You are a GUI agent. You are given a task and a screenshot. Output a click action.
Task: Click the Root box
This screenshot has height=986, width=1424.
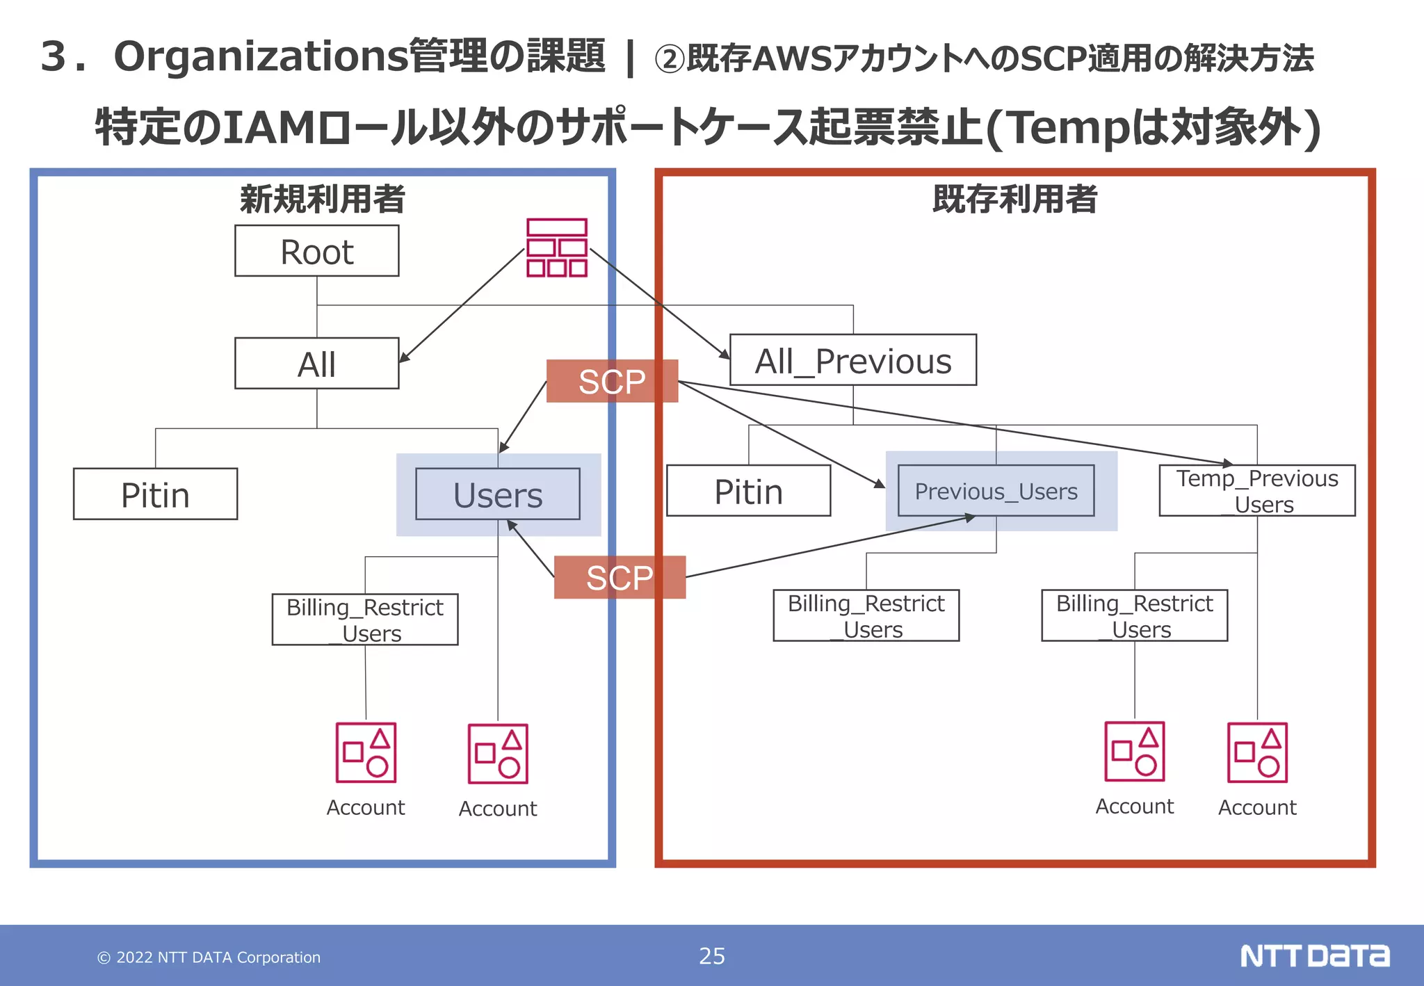click(x=316, y=251)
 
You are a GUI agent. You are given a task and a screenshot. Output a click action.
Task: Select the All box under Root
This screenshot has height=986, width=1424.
click(x=316, y=364)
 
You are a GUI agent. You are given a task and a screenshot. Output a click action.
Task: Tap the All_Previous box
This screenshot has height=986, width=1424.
click(x=852, y=360)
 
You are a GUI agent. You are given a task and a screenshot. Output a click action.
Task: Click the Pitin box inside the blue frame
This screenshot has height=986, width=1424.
click(x=155, y=494)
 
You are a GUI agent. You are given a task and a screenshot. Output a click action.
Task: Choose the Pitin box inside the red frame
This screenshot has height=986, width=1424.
click(x=748, y=491)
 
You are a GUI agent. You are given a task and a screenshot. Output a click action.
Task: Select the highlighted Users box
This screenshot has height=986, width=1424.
click(x=497, y=494)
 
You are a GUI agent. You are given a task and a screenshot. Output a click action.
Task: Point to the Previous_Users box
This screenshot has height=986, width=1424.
click(x=996, y=491)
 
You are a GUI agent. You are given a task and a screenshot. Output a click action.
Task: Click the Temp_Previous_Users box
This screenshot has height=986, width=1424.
click(x=1256, y=491)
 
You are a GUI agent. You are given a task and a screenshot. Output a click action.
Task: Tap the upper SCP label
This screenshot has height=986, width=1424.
click(x=612, y=381)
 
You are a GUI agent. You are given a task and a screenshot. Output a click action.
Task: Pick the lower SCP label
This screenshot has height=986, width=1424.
click(x=620, y=577)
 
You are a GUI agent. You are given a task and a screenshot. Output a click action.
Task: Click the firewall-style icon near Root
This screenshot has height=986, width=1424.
click(x=557, y=248)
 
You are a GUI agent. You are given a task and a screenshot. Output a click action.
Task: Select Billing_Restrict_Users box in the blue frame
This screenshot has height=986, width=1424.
click(x=364, y=620)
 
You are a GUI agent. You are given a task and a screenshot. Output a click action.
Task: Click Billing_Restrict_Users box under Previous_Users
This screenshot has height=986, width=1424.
click(x=866, y=615)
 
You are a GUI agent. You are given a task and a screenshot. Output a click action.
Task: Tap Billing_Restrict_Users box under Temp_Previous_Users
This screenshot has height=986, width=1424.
click(x=1134, y=615)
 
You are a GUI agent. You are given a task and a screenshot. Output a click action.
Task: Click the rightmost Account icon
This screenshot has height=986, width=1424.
click(x=1257, y=752)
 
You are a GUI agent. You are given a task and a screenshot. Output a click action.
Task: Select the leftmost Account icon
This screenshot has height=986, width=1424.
click(x=366, y=753)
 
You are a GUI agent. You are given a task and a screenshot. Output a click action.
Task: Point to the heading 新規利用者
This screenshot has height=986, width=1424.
click(x=322, y=199)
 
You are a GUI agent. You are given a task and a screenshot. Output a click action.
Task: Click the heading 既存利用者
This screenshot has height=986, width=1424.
click(x=1014, y=199)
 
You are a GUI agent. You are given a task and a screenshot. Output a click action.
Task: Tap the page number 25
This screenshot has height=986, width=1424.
click(x=711, y=956)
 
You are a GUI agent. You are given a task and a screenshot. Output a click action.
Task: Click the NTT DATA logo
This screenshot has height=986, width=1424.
click(x=1314, y=956)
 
